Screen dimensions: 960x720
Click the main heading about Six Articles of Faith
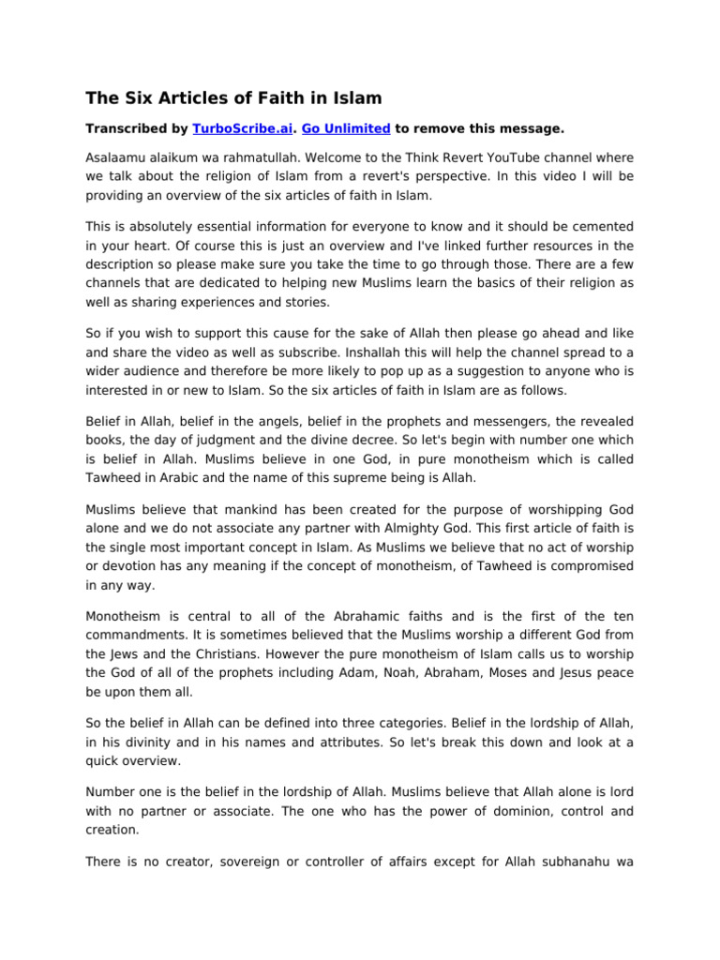[x=233, y=97]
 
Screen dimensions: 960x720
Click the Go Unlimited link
[x=346, y=129]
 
